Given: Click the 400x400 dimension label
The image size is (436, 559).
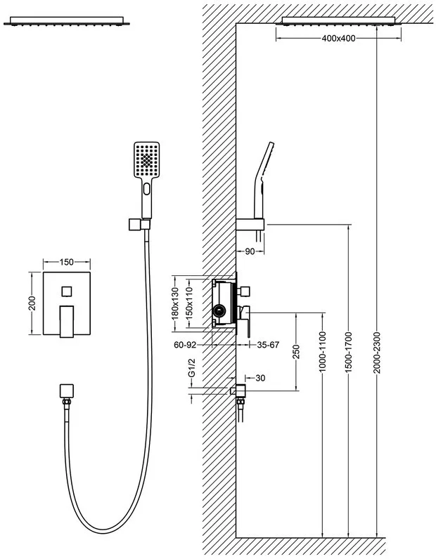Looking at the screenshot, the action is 338,38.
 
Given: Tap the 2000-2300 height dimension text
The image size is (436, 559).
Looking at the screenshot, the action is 378,353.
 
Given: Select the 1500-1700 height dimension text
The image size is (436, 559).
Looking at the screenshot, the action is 349,353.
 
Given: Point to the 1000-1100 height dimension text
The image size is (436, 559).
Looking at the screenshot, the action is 323,352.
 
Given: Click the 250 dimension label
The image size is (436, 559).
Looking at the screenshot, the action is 295,352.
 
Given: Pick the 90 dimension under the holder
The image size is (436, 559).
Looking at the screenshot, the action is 250,251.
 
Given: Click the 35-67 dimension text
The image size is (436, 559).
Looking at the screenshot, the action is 268,345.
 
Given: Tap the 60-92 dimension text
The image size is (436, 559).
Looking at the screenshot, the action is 185,345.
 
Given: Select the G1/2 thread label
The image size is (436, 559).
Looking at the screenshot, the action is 192,367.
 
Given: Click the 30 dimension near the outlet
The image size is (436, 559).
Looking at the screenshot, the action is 260,378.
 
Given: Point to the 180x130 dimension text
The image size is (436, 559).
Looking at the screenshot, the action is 175,303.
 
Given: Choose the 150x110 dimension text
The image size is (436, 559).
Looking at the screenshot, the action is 189,303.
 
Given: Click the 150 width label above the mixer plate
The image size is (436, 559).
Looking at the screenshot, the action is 66,263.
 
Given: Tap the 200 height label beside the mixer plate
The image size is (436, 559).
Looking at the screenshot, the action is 32,303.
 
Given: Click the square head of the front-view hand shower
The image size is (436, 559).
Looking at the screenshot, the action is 146,159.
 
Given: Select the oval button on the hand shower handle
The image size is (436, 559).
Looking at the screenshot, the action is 146,189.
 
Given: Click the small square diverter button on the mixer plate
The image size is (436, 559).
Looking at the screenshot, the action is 67,291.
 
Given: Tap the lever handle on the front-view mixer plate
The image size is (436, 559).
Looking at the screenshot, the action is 67,321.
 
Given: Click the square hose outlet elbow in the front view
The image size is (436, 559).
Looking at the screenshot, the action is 66,391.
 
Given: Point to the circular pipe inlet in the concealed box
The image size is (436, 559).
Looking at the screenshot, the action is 219,311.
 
